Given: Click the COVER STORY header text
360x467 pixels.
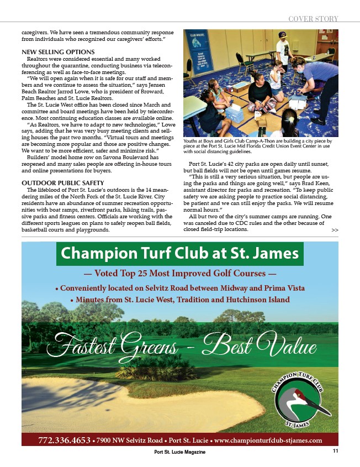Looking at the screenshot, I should pos(313,19).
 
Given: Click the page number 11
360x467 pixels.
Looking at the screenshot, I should pos(335,452).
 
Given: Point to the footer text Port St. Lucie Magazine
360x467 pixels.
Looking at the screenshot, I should pos(180,452).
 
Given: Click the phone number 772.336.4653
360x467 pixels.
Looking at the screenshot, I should pos(64,440).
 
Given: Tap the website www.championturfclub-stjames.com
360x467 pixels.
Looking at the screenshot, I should pos(268,440).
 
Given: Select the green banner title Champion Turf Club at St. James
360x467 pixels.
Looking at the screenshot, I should pos(180,254).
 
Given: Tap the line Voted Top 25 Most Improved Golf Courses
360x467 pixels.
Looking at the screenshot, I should pos(180,273).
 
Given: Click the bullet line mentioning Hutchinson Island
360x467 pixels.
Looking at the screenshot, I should pos(180,300).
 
